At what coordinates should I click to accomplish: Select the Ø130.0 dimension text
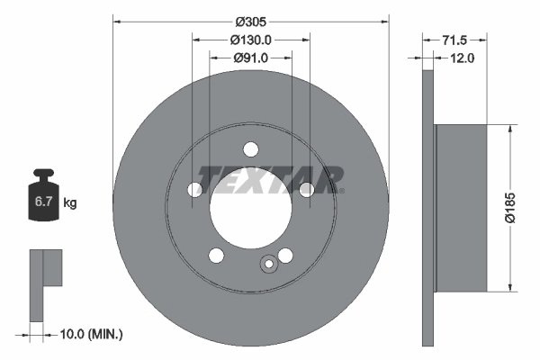coord(251,40)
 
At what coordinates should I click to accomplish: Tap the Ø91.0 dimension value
coord(251,58)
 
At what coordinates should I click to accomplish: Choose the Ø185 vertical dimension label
coord(508,207)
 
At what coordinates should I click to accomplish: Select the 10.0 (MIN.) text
coord(91,334)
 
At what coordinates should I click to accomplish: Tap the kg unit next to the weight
coord(70,203)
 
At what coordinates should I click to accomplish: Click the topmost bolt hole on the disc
coord(251,149)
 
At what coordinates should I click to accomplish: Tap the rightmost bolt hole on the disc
coord(307,189)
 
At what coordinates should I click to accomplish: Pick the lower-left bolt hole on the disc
coord(216,255)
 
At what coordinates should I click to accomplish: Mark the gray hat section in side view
coord(460,207)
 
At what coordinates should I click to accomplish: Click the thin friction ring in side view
coord(427,207)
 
